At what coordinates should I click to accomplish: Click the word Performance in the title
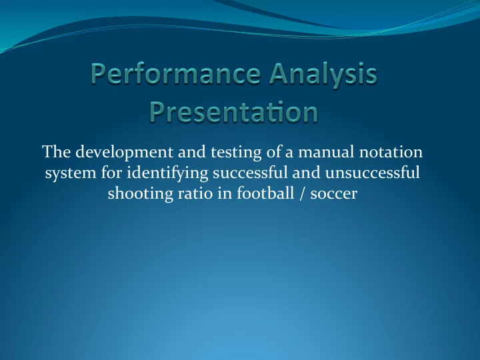point(176,74)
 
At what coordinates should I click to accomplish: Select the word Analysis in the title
point(324,75)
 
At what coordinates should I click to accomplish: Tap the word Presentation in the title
point(234,112)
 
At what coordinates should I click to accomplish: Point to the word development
point(124,152)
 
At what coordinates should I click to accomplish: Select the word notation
point(391,152)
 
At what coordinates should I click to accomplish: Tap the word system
point(71,173)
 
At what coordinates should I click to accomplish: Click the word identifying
point(167,173)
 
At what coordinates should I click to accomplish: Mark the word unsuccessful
point(372,173)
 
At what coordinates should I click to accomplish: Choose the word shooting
point(141,194)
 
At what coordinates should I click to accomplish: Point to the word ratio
point(195,194)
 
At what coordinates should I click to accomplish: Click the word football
point(265,193)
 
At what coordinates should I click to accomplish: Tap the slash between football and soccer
point(302,194)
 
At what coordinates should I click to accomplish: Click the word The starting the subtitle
point(57,151)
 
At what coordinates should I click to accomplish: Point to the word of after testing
point(273,151)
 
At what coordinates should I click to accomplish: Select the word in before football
point(225,193)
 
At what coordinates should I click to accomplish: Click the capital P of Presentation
point(157,112)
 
